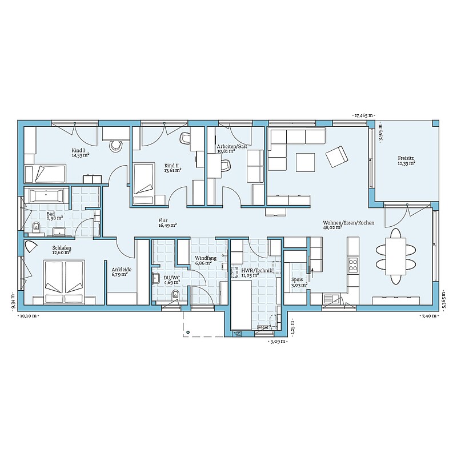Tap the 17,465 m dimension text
click(x=363, y=115)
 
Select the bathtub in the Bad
click(x=46, y=195)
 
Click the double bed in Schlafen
click(x=64, y=282)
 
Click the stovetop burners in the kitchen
click(x=353, y=264)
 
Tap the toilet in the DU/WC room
click(x=175, y=295)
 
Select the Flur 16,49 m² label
click(x=167, y=223)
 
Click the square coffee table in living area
click(x=305, y=162)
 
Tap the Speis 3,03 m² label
click(x=299, y=283)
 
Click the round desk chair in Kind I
click(x=116, y=145)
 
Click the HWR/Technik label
click(x=256, y=271)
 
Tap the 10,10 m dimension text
click(x=28, y=316)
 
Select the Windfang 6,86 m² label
click(x=206, y=260)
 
